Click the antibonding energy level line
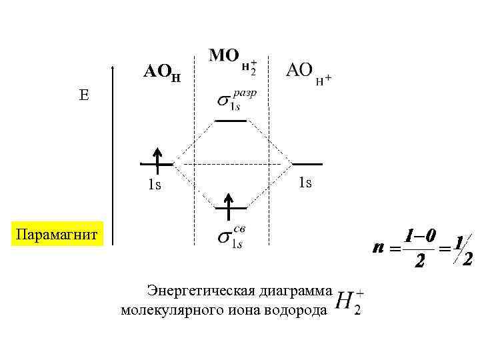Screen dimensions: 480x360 (x=230, y=121)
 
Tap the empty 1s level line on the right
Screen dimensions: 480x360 (x=307, y=163)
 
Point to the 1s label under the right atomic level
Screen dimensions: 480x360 (x=305, y=182)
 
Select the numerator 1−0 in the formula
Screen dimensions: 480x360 (x=419, y=236)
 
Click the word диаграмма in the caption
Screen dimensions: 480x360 (x=287, y=291)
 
